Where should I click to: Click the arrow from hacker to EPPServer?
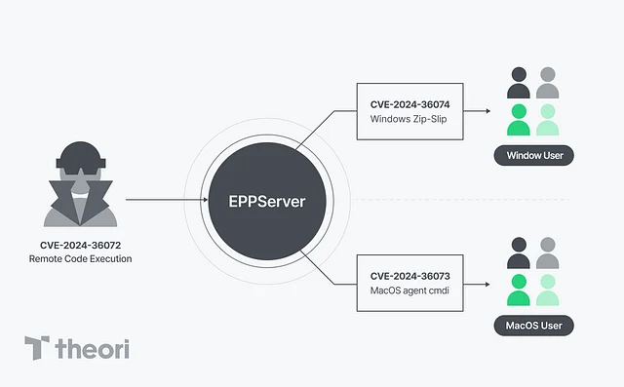pyautogui.click(x=166, y=201)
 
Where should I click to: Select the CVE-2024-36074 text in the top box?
pyautogui.click(x=409, y=103)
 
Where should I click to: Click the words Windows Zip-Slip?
pyautogui.click(x=409, y=119)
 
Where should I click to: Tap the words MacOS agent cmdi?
pyautogui.click(x=409, y=291)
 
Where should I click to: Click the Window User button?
pyautogui.click(x=533, y=156)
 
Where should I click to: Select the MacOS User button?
pyautogui.click(x=533, y=326)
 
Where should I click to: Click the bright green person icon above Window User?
pyautogui.click(x=519, y=121)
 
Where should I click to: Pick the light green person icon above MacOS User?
pyautogui.click(x=548, y=290)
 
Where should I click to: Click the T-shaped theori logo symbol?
pyautogui.click(x=37, y=349)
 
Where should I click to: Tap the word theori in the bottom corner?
pyautogui.click(x=92, y=349)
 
